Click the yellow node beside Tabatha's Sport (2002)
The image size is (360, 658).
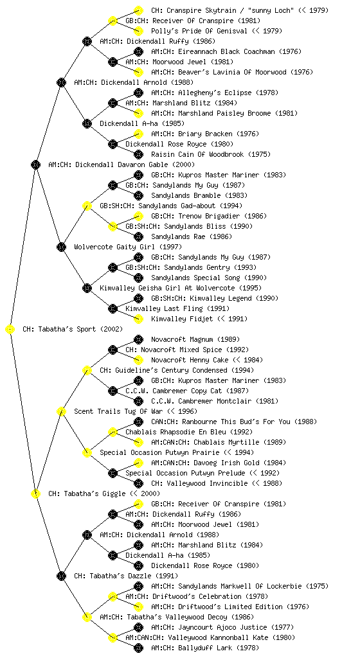(10, 330)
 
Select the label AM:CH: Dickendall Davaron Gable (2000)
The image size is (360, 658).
(122, 165)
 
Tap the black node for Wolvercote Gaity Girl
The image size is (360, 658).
(61, 247)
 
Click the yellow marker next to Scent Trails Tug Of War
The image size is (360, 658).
(61, 412)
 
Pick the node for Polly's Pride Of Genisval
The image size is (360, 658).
(138, 31)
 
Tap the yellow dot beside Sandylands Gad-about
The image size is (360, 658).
(87, 206)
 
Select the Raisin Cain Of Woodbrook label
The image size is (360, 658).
(197, 154)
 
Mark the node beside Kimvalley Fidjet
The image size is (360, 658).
(138, 319)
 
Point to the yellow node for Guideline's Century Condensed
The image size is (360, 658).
(87, 371)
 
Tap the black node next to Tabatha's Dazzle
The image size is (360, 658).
(61, 576)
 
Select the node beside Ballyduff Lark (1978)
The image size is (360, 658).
(138, 648)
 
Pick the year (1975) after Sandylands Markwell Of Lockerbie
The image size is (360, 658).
(317, 586)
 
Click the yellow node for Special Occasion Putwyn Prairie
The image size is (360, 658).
(87, 453)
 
